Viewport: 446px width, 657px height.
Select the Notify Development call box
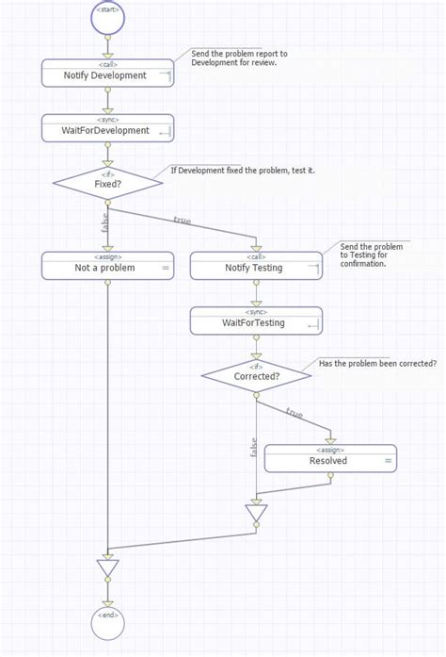(107, 73)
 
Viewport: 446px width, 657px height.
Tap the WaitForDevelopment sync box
(107, 127)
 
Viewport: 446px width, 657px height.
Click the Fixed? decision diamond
(107, 183)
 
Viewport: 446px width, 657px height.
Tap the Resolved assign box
(330, 458)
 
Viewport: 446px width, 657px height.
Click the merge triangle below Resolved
(256, 515)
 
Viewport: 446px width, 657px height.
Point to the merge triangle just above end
(108, 568)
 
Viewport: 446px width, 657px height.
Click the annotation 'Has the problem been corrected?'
(377, 363)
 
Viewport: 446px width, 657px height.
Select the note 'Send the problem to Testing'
(372, 255)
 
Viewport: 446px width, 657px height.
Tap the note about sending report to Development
(240, 58)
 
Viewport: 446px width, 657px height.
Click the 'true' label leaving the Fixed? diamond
(183, 221)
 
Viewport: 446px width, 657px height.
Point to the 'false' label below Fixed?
(104, 223)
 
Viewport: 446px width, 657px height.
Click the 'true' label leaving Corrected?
(295, 414)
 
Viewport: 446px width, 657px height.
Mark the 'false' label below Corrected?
(252, 446)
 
